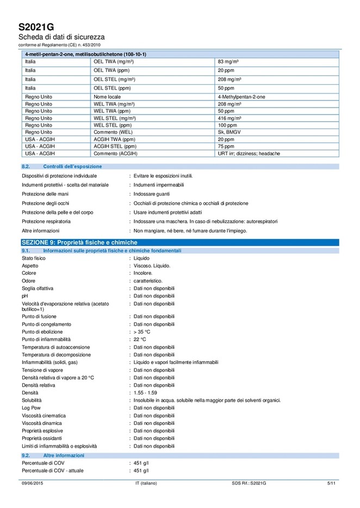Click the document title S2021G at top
[x=36, y=27]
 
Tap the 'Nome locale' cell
[x=107, y=96]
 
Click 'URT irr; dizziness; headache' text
[x=249, y=154]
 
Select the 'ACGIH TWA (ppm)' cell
[x=115, y=139]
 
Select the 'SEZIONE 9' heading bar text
[x=79, y=242]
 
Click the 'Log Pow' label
[x=32, y=407]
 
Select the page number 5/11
[x=332, y=483]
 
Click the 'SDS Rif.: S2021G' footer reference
[x=249, y=483]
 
